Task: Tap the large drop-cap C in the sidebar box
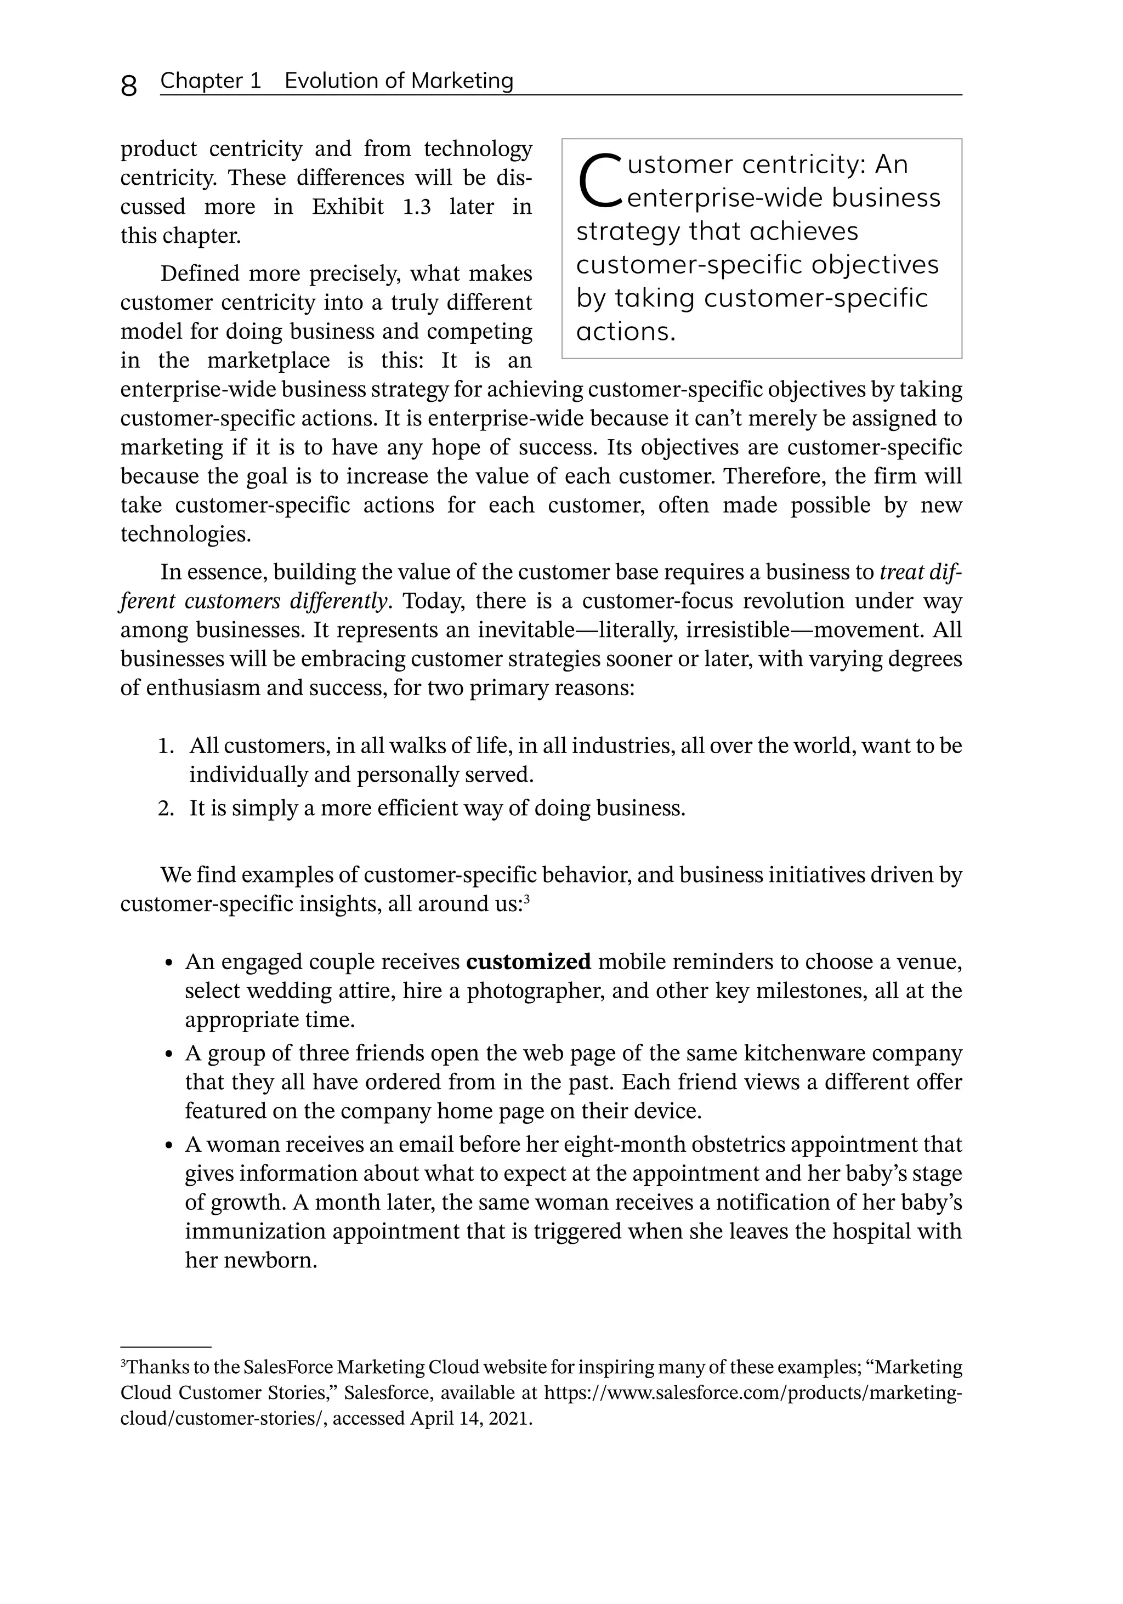[x=599, y=180]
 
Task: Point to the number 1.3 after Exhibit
[x=417, y=207]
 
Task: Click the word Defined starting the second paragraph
[x=201, y=273]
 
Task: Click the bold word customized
[x=528, y=962]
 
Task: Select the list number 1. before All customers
[x=166, y=746]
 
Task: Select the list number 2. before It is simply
[x=166, y=808]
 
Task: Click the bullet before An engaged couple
[x=168, y=963]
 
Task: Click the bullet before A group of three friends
[x=168, y=1054]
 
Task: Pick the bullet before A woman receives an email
[x=168, y=1146]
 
